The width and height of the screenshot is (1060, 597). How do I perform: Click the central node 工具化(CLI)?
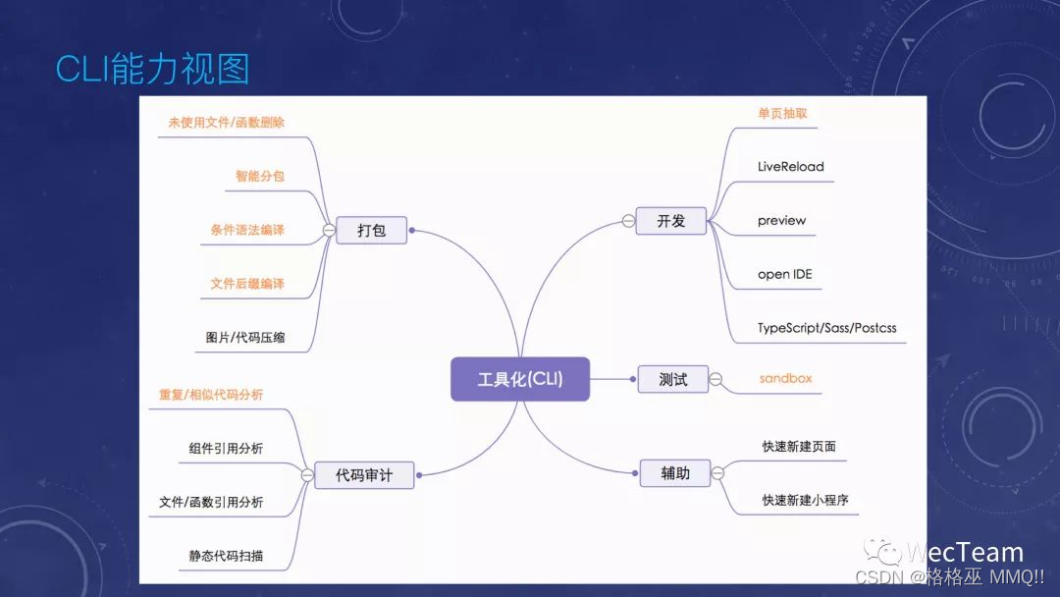[x=520, y=379]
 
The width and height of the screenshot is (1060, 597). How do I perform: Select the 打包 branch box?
[x=371, y=231]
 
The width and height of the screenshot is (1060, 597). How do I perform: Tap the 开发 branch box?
[x=671, y=221]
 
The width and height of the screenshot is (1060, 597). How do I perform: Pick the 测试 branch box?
[x=672, y=379]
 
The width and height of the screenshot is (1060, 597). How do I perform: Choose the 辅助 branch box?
[x=674, y=473]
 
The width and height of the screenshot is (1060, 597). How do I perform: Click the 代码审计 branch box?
[x=363, y=475]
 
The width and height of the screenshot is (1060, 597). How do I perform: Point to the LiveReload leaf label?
[x=790, y=167]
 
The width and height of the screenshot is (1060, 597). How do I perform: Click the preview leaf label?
[x=781, y=221]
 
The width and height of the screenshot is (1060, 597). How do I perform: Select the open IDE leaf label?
[x=784, y=275]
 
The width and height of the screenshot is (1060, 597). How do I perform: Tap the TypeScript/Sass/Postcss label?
[x=826, y=328]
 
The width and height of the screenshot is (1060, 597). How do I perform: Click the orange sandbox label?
[x=785, y=378]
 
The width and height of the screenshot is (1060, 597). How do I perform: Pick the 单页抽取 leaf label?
[x=782, y=114]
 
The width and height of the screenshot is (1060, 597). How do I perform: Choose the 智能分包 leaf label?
[x=259, y=177]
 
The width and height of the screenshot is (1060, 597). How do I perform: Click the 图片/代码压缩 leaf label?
[x=245, y=338]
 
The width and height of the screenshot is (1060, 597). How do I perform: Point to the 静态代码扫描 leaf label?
[x=226, y=556]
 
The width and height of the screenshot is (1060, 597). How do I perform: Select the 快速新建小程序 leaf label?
[x=805, y=500]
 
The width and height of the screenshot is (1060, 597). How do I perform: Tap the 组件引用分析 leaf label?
[x=226, y=449]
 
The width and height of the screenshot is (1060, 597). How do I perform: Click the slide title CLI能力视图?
[x=152, y=69]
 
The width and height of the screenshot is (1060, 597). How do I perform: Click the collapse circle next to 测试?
[x=715, y=379]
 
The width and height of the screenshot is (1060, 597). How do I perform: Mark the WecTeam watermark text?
[x=963, y=553]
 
